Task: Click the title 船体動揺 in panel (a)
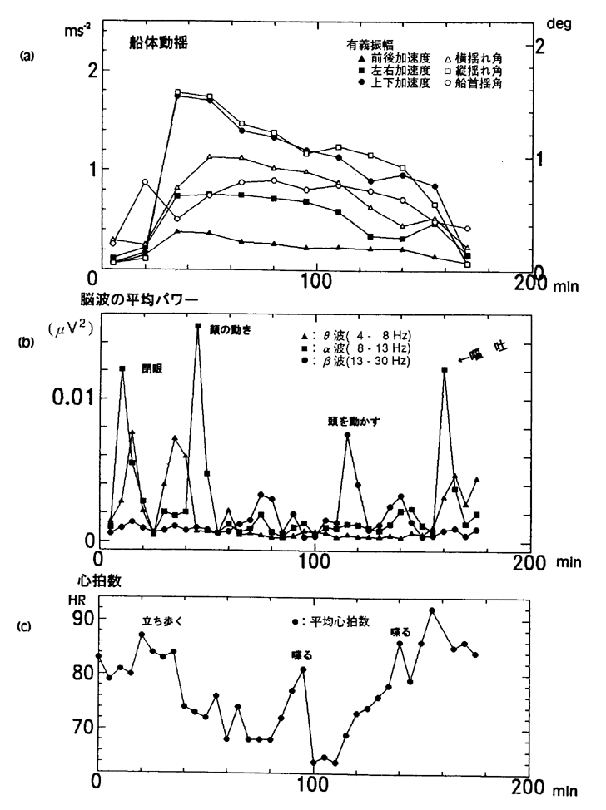click(x=165, y=43)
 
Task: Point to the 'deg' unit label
click(x=559, y=26)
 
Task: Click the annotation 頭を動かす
click(x=354, y=421)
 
